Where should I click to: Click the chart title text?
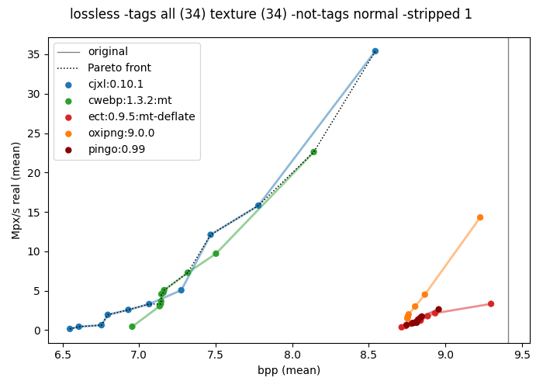(x=271, y=14)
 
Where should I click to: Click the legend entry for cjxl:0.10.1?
(x=115, y=84)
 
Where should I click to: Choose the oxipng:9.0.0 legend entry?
(x=121, y=133)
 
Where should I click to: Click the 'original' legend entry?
(x=108, y=51)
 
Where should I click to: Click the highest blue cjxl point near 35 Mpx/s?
(x=375, y=51)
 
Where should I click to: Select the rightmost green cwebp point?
(x=313, y=152)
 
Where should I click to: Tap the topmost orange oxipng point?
(x=480, y=217)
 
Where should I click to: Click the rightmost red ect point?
(x=491, y=304)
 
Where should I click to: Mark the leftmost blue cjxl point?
(x=70, y=329)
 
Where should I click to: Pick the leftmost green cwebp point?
(x=132, y=327)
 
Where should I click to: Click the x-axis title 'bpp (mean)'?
(x=289, y=371)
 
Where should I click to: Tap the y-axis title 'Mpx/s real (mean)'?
(x=16, y=190)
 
